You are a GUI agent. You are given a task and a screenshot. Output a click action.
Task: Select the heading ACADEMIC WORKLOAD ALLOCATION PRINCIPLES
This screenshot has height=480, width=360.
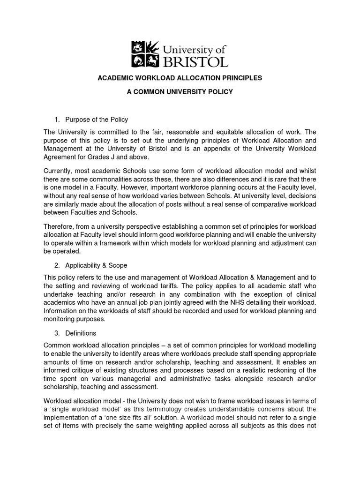(180, 78)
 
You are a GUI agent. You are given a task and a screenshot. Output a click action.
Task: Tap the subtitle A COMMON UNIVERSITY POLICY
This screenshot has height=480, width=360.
(180, 92)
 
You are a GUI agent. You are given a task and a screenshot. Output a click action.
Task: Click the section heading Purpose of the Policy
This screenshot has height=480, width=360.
(97, 120)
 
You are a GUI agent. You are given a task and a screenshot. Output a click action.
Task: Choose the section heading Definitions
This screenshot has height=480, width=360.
(81, 333)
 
